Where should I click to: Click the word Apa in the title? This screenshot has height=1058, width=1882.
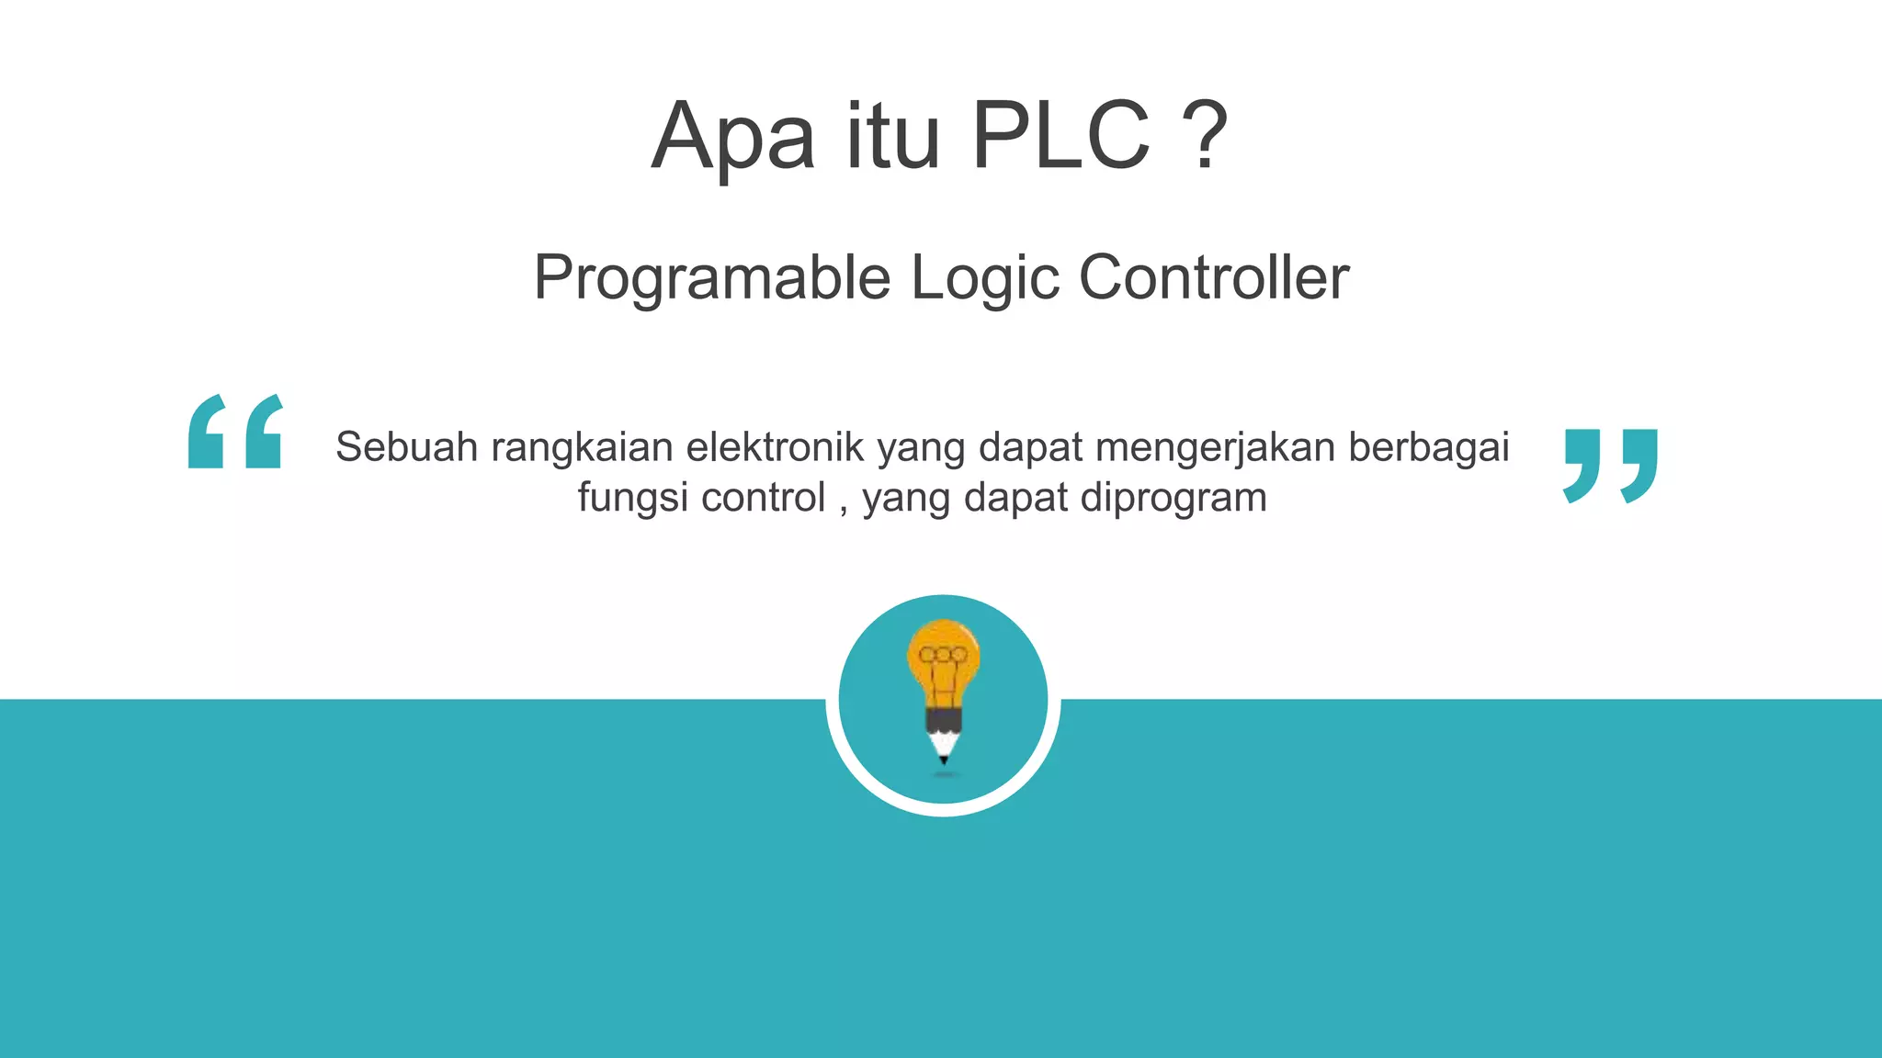[732, 138]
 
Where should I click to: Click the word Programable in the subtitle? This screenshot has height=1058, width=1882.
[712, 277]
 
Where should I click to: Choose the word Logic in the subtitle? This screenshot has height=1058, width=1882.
[984, 277]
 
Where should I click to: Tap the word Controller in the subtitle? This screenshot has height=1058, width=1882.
[1213, 277]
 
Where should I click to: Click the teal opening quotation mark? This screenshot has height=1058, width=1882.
[235, 432]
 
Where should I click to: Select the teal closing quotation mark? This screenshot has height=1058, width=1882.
[1610, 465]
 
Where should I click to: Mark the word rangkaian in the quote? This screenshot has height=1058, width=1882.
[583, 447]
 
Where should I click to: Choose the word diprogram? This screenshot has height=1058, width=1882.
[1173, 498]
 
